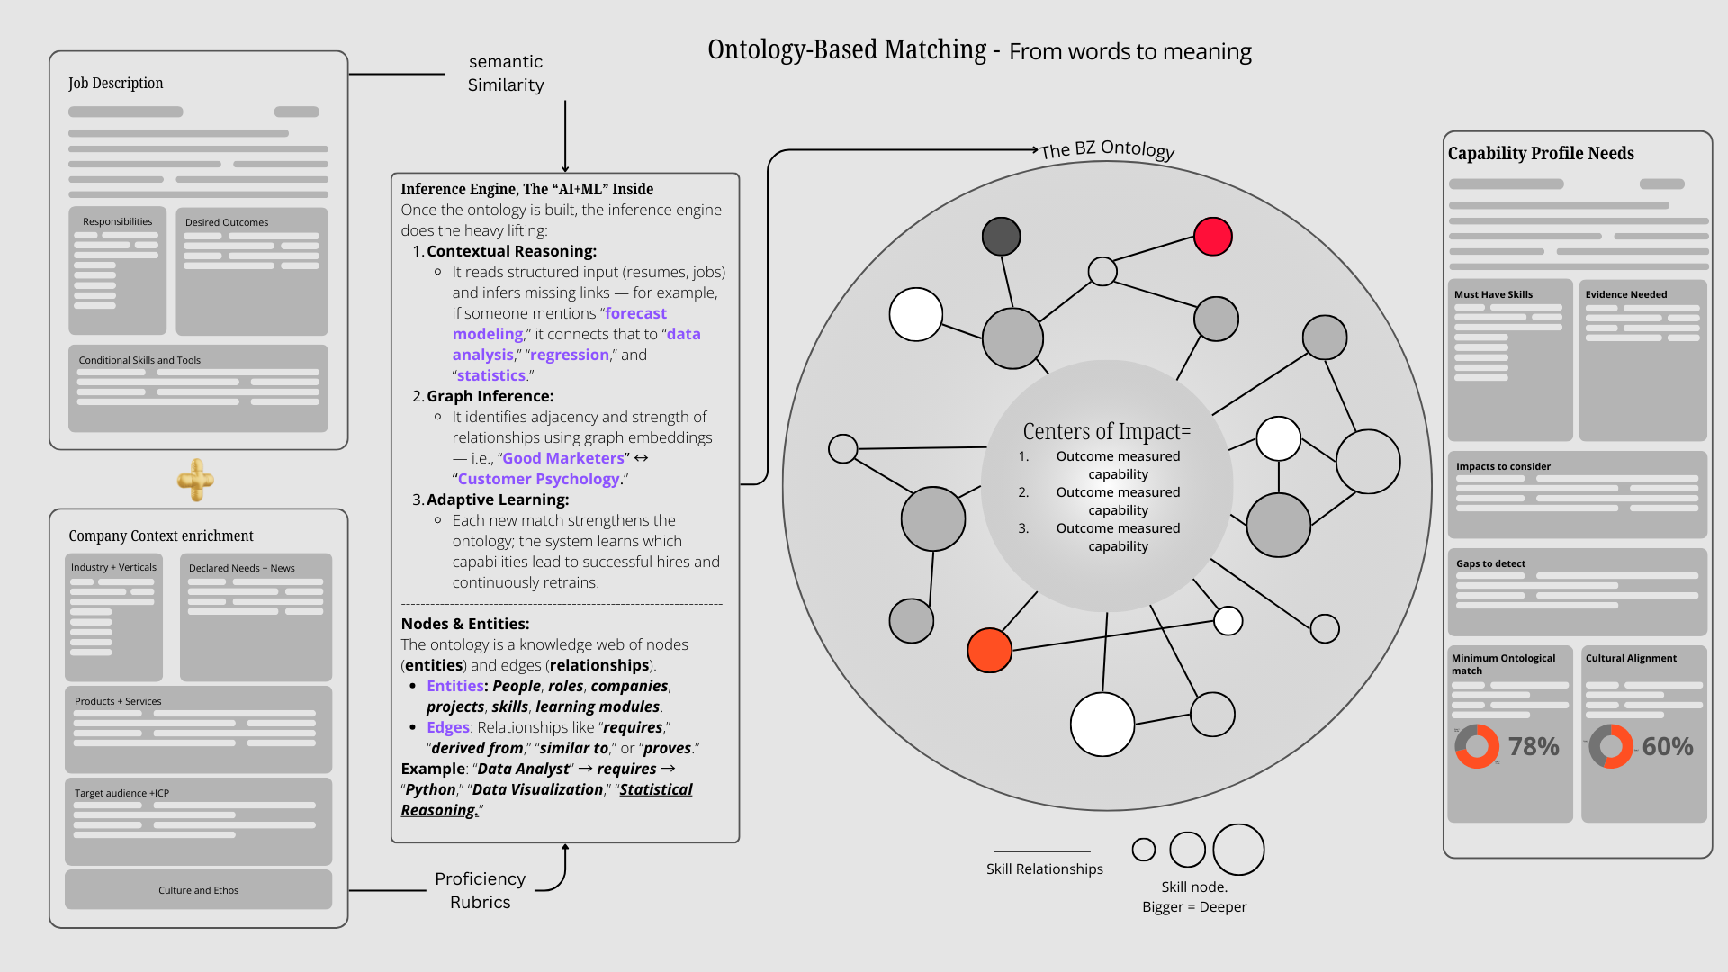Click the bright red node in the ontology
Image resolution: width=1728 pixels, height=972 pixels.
pyautogui.click(x=1212, y=237)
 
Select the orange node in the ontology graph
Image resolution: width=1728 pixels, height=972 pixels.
pyautogui.click(x=989, y=650)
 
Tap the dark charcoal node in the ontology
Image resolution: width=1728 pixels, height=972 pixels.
pyautogui.click(x=1001, y=237)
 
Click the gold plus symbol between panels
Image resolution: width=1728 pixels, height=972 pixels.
pyautogui.click(x=195, y=480)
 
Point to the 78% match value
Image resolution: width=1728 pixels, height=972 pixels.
pyautogui.click(x=1534, y=746)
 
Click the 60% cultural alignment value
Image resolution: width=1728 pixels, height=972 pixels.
pyautogui.click(x=1667, y=746)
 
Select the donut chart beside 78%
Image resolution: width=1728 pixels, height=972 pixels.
pyautogui.click(x=1477, y=746)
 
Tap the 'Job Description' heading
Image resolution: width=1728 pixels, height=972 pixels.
pyautogui.click(x=115, y=83)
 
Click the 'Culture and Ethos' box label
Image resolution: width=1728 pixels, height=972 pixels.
pyautogui.click(x=198, y=890)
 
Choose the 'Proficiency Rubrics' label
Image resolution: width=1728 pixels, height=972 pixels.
pyautogui.click(x=480, y=890)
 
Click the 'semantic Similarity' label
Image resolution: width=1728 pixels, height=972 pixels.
pyautogui.click(x=506, y=73)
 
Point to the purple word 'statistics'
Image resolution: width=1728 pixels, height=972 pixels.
pyautogui.click(x=490, y=375)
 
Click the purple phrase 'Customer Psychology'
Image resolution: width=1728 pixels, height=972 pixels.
pyautogui.click(x=538, y=479)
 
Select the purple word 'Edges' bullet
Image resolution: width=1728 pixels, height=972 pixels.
pyautogui.click(x=448, y=727)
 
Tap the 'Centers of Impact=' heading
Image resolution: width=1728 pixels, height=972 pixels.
pyautogui.click(x=1106, y=432)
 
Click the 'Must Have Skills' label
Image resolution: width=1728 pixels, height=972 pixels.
pyautogui.click(x=1493, y=294)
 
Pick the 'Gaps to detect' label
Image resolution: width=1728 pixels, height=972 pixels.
pyautogui.click(x=1490, y=563)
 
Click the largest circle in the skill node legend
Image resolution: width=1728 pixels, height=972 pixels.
pyautogui.click(x=1238, y=850)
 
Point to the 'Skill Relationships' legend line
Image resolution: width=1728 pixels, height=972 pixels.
pyautogui.click(x=1042, y=851)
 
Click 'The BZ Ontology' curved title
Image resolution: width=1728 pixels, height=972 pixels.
pyautogui.click(x=1107, y=148)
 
